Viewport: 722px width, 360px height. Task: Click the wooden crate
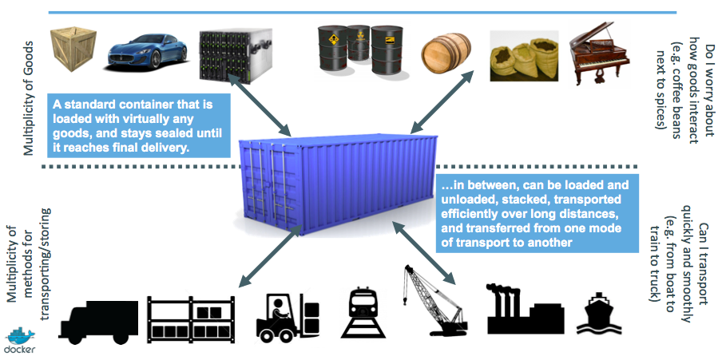pos(73,49)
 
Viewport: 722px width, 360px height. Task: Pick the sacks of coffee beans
pos(524,58)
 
